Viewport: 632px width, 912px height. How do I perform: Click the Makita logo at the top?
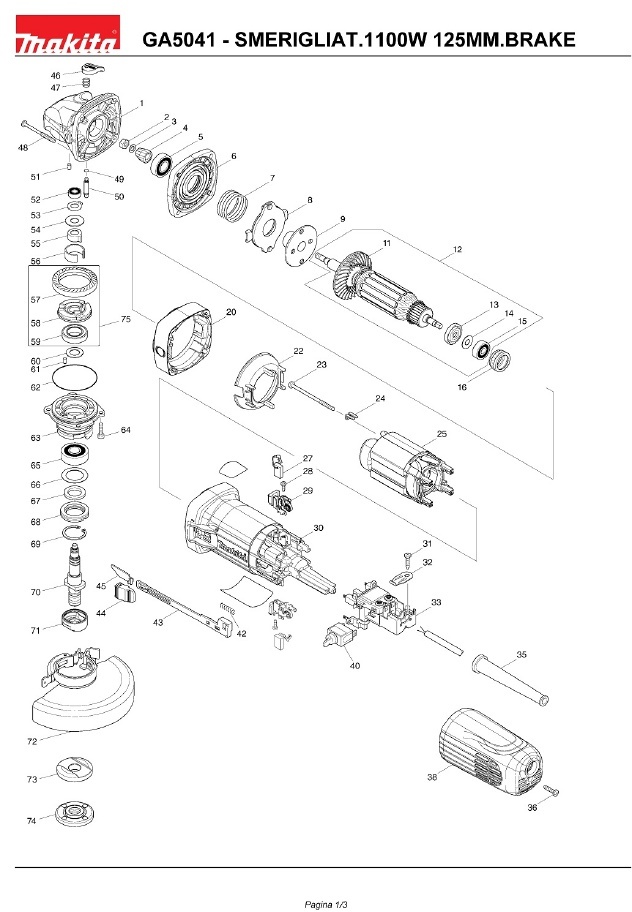tap(67, 40)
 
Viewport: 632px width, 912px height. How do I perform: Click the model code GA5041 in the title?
tap(176, 40)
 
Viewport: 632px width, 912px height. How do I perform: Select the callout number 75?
tap(126, 319)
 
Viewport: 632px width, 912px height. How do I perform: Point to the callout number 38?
tap(432, 776)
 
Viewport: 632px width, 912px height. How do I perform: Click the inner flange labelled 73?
tap(73, 773)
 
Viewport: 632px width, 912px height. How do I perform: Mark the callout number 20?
tap(231, 313)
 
